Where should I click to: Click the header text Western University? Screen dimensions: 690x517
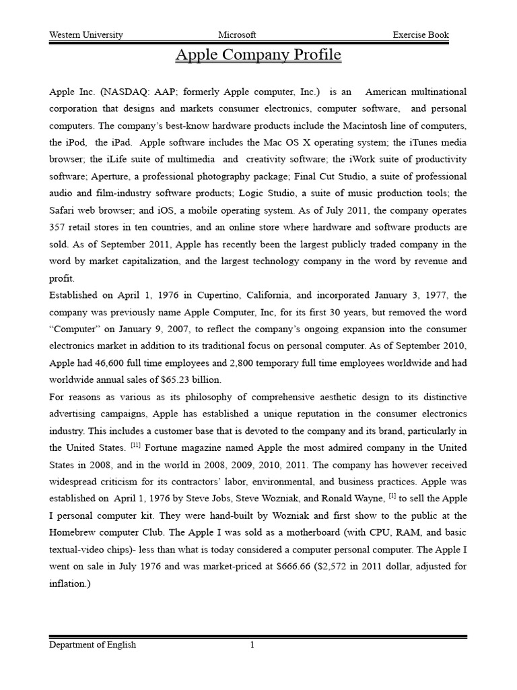point(86,35)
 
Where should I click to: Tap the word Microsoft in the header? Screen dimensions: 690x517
point(237,35)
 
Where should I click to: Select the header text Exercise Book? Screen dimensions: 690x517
point(421,35)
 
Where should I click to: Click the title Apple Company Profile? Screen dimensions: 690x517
point(258,55)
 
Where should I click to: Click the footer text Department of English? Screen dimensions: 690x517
point(93,645)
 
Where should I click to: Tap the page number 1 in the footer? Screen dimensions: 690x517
point(252,645)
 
